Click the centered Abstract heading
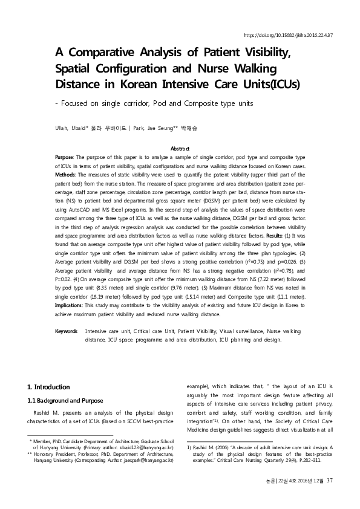pos(180,149)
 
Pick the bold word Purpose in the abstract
pos(64,157)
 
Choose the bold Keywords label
pos(66,331)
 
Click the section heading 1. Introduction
pos(49,387)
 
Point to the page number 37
pos(330,481)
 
